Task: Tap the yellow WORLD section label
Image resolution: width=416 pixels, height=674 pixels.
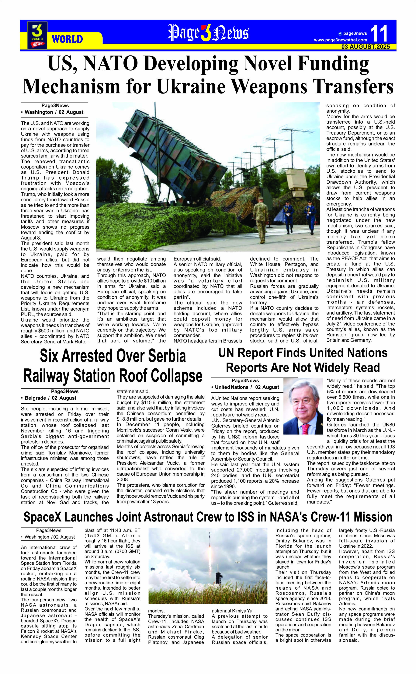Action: (67, 39)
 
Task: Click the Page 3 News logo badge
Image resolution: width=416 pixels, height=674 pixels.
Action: (37, 35)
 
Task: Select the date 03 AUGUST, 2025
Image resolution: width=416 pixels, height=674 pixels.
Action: (366, 47)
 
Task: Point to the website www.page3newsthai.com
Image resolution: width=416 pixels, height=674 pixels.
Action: (340, 40)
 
